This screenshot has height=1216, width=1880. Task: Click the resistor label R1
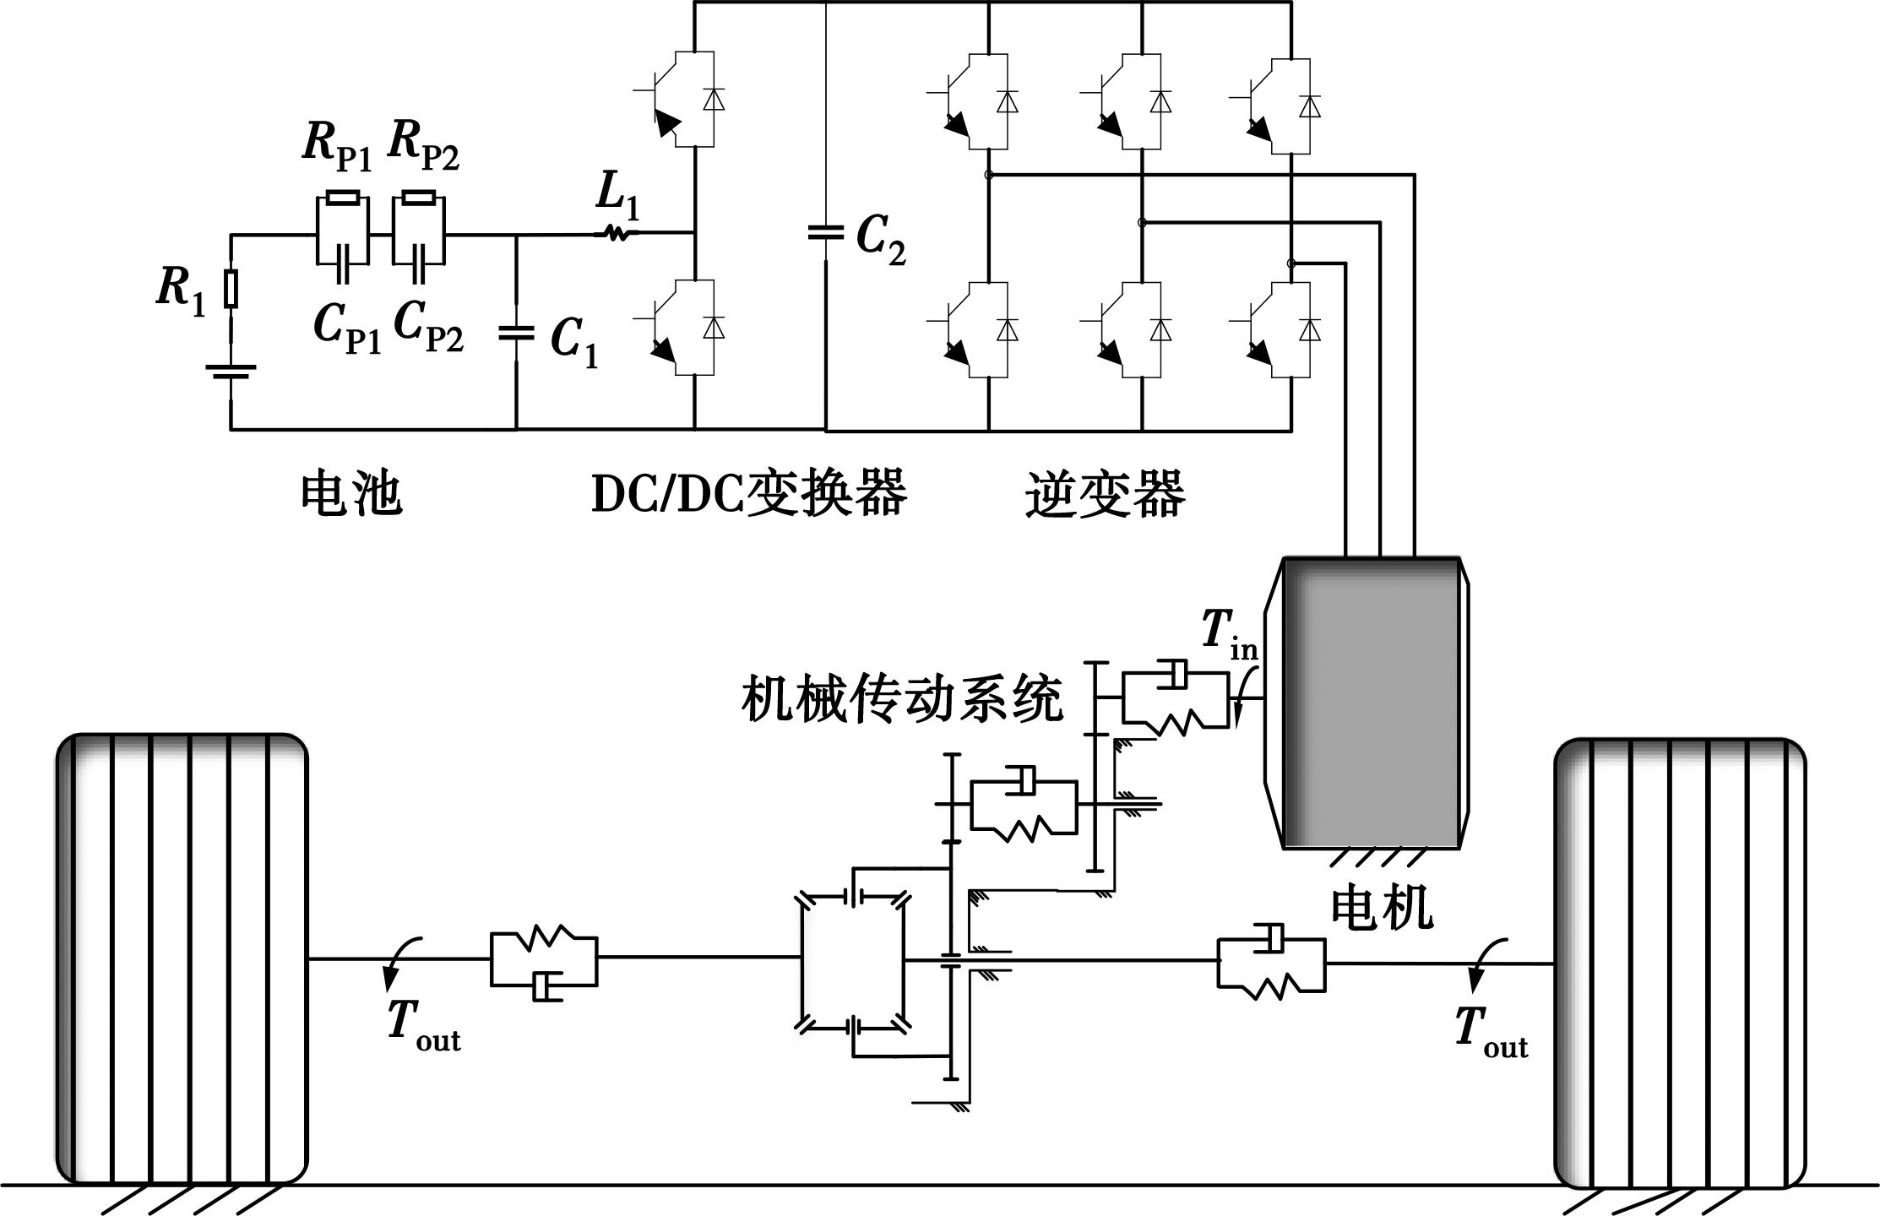[181, 290]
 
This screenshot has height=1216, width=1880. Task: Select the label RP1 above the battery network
[337, 145]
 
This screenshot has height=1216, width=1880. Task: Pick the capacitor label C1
[574, 340]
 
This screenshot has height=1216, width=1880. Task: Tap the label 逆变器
[1105, 495]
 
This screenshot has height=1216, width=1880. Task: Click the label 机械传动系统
[901, 698]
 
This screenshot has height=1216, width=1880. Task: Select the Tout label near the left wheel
[423, 1026]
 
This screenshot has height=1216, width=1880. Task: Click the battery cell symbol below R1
[231, 372]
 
